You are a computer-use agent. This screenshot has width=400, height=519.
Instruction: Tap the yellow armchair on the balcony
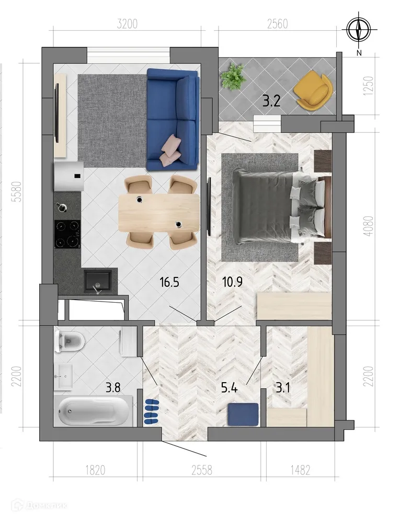[x=313, y=91]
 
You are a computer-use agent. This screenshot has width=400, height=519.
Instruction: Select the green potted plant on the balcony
[x=233, y=77]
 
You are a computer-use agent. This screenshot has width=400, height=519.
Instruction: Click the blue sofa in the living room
[x=173, y=119]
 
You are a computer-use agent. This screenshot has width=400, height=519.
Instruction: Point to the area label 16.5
[x=169, y=283]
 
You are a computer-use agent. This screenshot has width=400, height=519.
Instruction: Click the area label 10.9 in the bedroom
[x=232, y=283]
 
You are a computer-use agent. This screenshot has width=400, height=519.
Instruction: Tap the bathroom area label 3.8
[x=115, y=388]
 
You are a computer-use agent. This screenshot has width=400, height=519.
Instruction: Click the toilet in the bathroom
[x=70, y=341]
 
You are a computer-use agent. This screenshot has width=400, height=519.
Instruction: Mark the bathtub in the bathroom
[x=93, y=411]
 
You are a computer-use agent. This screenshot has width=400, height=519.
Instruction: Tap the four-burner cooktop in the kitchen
[x=67, y=234]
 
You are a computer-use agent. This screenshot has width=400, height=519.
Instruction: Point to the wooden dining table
[x=159, y=212]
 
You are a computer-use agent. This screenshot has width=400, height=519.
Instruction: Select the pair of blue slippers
[x=151, y=411]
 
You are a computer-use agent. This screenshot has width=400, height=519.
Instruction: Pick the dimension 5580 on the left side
[x=16, y=192]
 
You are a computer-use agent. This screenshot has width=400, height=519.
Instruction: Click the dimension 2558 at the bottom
[x=201, y=470]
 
